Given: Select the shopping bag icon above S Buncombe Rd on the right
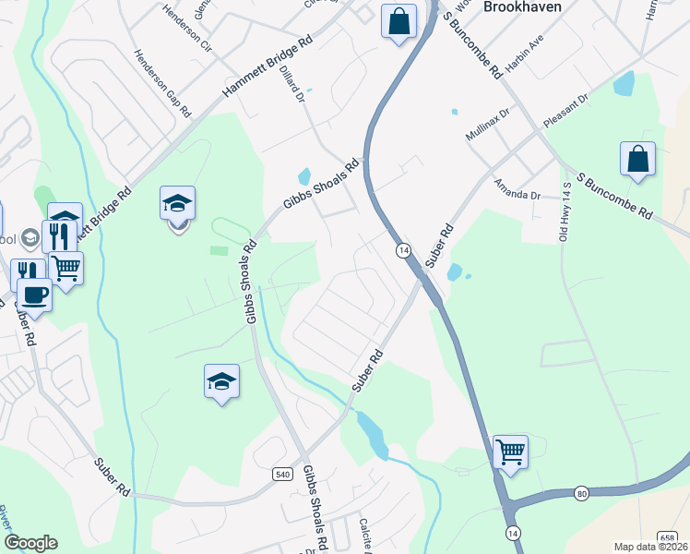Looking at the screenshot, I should [x=637, y=160].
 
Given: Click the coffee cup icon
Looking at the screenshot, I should [x=35, y=295].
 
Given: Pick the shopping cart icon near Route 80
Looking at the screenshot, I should [x=510, y=452].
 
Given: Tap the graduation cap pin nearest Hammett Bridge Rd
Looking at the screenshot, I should [x=178, y=204].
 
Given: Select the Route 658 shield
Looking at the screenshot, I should [x=668, y=536].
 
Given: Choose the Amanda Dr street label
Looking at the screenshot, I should [x=517, y=189].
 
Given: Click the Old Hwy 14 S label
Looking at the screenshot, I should [x=565, y=212].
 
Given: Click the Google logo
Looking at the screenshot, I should [x=30, y=543].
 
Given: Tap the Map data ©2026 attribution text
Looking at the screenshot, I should [x=651, y=547].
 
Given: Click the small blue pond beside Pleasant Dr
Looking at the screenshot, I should [x=625, y=84].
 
